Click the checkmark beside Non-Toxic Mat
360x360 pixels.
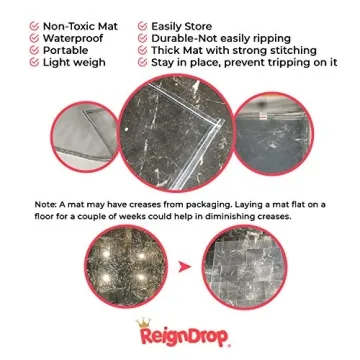pos(35,21)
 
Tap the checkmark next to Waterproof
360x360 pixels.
pos(35,35)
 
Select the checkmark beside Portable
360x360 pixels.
pos(35,48)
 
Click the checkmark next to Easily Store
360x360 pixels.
pos(142,21)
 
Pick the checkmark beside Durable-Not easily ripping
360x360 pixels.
pos(142,35)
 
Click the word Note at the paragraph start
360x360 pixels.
pos(46,203)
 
